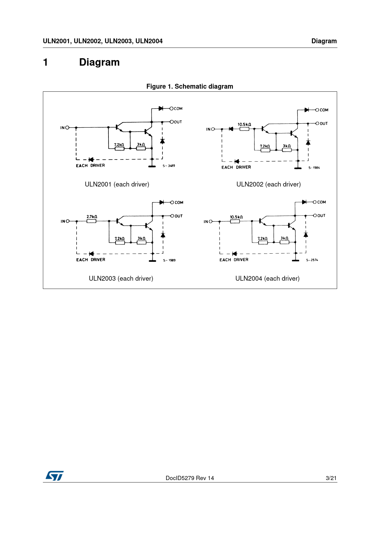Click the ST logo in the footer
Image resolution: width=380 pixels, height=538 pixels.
click(x=55, y=476)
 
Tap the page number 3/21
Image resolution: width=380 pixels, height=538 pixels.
click(x=331, y=478)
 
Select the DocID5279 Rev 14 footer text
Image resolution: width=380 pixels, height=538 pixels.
click(x=190, y=478)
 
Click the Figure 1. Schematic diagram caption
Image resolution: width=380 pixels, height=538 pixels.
click(x=190, y=86)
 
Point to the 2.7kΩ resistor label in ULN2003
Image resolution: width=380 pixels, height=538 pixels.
click(x=92, y=217)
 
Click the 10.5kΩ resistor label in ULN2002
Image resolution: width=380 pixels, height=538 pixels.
click(x=244, y=124)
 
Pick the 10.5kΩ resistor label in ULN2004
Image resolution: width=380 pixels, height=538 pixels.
click(x=236, y=217)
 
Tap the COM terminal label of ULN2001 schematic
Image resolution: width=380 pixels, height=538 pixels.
click(x=178, y=109)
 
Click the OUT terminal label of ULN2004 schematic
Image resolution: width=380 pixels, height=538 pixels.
click(x=321, y=216)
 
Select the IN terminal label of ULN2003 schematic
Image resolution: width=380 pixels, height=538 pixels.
click(x=63, y=221)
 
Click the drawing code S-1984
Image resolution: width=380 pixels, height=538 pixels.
click(x=314, y=168)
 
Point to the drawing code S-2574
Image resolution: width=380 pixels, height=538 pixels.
click(x=312, y=260)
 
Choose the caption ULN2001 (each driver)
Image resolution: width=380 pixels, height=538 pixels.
click(x=117, y=184)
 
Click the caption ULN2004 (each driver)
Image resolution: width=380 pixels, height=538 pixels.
click(x=267, y=279)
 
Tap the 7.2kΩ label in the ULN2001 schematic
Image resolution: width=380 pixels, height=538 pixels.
click(x=119, y=144)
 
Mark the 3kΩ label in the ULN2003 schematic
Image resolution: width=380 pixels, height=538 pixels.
click(x=141, y=238)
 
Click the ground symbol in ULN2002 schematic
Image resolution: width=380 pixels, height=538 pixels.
click(x=298, y=168)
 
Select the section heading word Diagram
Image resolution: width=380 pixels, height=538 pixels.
click(x=99, y=62)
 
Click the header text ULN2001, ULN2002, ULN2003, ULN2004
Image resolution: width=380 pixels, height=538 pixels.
click(x=103, y=41)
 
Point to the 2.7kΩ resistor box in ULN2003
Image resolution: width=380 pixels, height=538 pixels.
click(x=91, y=221)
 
